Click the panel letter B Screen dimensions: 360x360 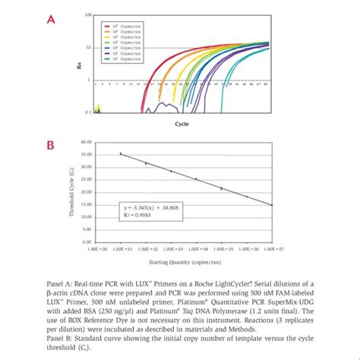[x=51, y=144]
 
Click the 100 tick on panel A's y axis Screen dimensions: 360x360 [x=88, y=15]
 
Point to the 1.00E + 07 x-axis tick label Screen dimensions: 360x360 [x=271, y=248]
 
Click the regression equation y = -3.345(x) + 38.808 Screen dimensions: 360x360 [x=147, y=207]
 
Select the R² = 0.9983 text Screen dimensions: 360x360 [x=138, y=215]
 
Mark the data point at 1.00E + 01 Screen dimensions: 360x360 [x=121, y=153]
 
